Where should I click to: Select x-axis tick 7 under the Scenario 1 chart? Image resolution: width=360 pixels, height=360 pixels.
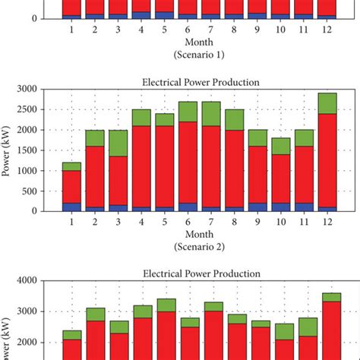pyautogui.click(x=211, y=29)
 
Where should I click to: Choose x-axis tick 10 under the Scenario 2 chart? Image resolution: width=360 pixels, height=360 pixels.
pyautogui.click(x=281, y=222)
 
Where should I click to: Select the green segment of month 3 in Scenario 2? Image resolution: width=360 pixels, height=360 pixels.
pyautogui.click(x=117, y=143)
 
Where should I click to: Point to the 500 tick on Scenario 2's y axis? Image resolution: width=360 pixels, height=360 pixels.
pyautogui.click(x=48, y=191)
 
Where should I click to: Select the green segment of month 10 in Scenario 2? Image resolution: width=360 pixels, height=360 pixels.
pyautogui.click(x=281, y=146)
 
